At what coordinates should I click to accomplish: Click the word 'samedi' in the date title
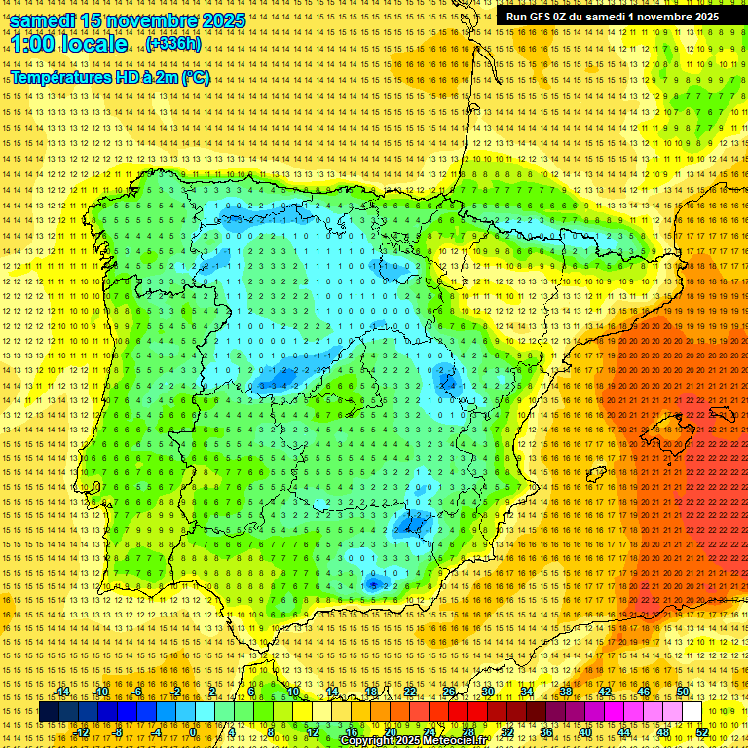(x=46, y=19)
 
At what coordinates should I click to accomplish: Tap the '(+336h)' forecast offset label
(x=173, y=44)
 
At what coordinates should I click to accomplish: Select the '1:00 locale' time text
(x=70, y=44)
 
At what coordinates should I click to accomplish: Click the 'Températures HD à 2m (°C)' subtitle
(x=110, y=78)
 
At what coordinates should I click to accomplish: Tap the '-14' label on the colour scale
(x=64, y=692)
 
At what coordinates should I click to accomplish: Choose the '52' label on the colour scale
(x=702, y=732)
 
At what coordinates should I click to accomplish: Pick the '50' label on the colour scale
(x=683, y=692)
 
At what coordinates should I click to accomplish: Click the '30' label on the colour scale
(x=487, y=692)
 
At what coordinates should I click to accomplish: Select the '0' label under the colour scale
(x=193, y=732)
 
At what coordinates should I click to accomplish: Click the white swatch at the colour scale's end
(x=692, y=712)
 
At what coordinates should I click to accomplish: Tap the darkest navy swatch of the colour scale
(x=49, y=712)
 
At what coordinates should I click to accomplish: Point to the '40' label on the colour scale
(x=585, y=732)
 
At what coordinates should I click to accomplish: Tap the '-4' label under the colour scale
(x=156, y=732)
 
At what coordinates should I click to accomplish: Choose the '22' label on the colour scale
(x=410, y=692)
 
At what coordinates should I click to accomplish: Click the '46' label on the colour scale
(x=644, y=692)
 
